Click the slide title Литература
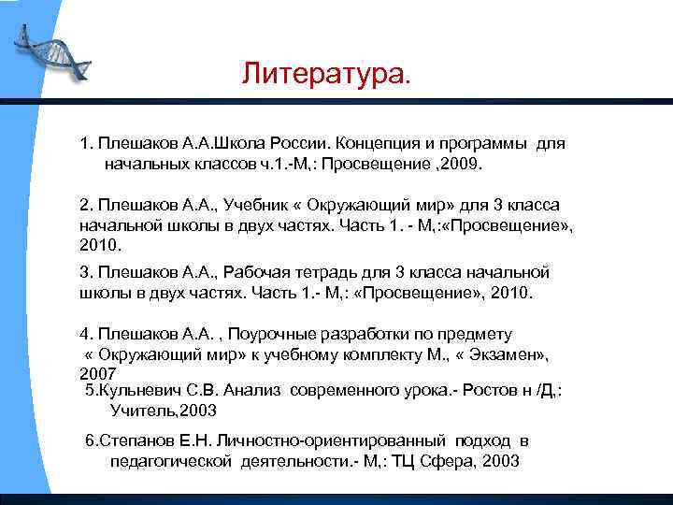click(x=325, y=73)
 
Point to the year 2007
click(x=98, y=373)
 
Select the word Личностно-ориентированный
click(x=352, y=441)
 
